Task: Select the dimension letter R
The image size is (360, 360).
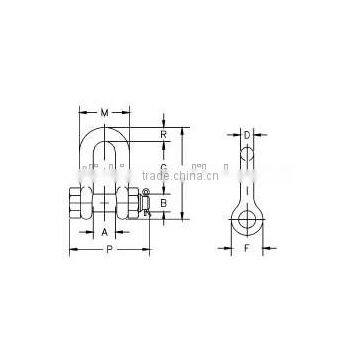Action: [164, 133]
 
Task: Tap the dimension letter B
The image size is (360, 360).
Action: [164, 201]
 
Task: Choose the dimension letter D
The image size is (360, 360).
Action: [246, 133]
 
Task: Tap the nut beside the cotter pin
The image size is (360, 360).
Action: [129, 200]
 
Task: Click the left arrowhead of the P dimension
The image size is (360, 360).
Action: [70, 249]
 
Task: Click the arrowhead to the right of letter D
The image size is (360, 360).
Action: [256, 133]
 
